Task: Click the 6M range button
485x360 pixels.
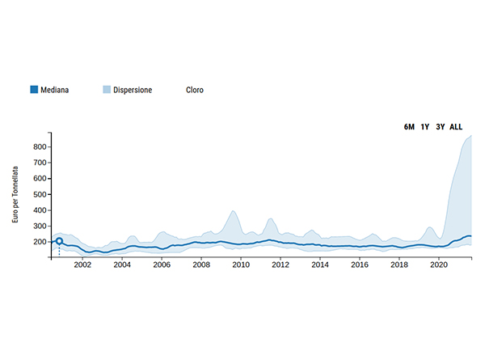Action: click(x=410, y=127)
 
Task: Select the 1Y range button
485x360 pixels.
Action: click(x=425, y=127)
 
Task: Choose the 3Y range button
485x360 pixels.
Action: click(x=441, y=127)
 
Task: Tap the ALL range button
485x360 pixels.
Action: click(x=456, y=127)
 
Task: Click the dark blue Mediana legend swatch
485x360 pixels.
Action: click(x=33, y=90)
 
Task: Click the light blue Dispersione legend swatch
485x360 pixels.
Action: click(x=107, y=90)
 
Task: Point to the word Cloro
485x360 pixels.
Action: click(x=195, y=90)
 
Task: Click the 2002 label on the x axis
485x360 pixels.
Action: click(x=82, y=265)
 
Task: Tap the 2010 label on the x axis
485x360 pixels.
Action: click(x=240, y=265)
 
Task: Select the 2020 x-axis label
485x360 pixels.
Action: click(x=438, y=265)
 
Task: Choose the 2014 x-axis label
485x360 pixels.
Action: click(x=319, y=265)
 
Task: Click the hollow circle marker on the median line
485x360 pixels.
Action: click(x=59, y=241)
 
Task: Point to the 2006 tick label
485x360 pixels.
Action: click(x=161, y=265)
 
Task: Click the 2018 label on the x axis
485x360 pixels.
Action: click(x=399, y=265)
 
